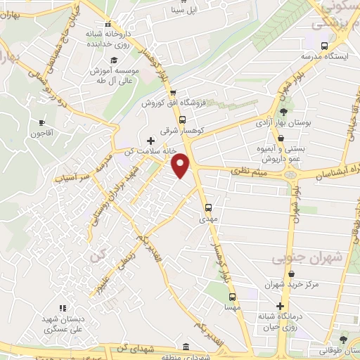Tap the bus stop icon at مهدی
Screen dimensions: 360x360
click(x=208, y=207)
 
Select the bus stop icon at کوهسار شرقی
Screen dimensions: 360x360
click(x=183, y=120)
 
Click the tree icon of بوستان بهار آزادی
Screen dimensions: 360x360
click(x=283, y=112)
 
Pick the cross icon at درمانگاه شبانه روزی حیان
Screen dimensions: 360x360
click(x=281, y=306)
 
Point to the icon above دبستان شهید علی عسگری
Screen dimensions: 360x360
click(x=61, y=308)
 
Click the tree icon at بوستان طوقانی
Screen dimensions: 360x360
click(x=343, y=340)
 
